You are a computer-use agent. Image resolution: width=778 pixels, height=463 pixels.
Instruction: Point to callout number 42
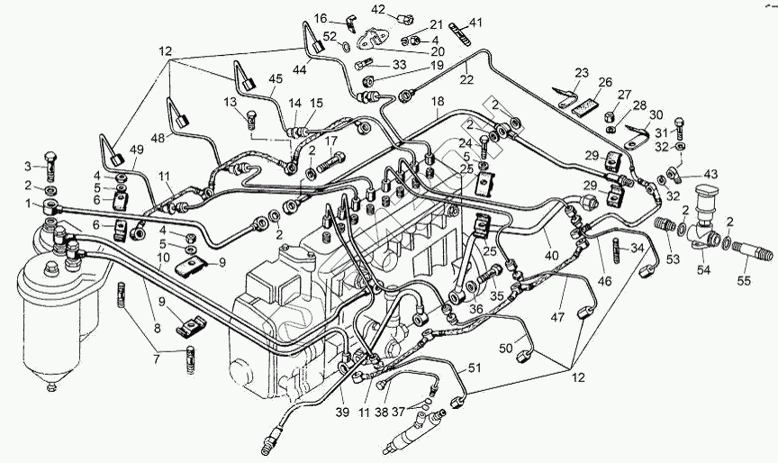click(x=379, y=9)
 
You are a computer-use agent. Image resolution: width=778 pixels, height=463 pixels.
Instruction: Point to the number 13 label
click(x=229, y=102)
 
